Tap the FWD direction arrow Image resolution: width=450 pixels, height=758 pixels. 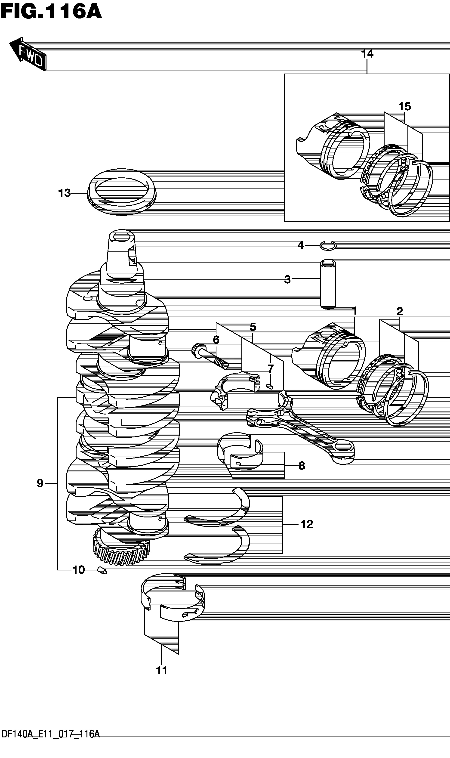pyautogui.click(x=28, y=54)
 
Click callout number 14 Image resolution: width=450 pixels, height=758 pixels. pyautogui.click(x=367, y=54)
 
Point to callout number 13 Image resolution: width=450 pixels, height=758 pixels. pyautogui.click(x=64, y=193)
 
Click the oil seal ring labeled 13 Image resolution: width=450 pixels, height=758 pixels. pyautogui.click(x=122, y=192)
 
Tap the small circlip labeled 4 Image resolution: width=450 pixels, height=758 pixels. pyautogui.click(x=328, y=246)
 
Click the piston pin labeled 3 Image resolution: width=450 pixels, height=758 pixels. pyautogui.click(x=328, y=284)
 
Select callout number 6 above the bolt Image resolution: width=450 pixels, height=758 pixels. pyautogui.click(x=216, y=340)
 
